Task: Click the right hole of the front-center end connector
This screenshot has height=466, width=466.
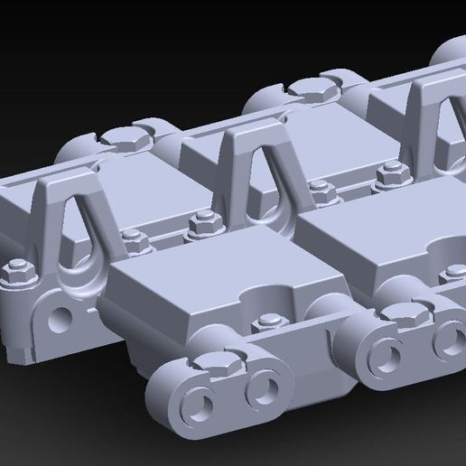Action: pyautogui.click(x=262, y=388)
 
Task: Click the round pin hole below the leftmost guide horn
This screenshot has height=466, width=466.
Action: pyautogui.click(x=61, y=317)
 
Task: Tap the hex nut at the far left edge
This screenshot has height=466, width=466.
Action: pyautogui.click(x=15, y=270)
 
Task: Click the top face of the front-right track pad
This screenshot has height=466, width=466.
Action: pyautogui.click(x=379, y=217)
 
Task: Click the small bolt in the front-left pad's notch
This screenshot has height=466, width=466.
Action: pyautogui.click(x=268, y=322)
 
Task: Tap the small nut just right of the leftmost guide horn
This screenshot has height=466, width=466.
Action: pyautogui.click(x=133, y=239)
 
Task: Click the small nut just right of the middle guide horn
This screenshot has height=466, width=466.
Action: pyautogui.click(x=319, y=189)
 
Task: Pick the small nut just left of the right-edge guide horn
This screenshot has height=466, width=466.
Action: pyautogui.click(x=390, y=170)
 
